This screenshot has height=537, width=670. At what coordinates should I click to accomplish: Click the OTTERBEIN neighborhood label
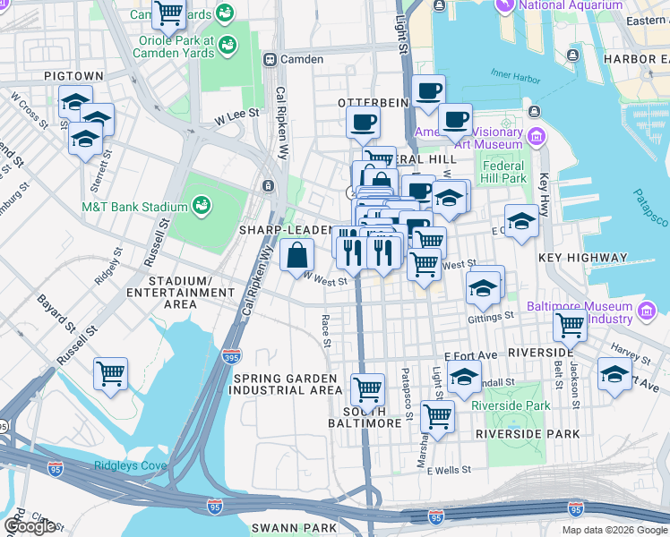[x=374, y=103]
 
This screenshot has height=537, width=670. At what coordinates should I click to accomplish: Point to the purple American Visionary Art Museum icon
[x=537, y=137]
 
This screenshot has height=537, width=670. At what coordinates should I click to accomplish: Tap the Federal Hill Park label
[x=503, y=172]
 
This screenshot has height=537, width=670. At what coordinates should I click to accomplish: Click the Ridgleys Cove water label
[x=129, y=465]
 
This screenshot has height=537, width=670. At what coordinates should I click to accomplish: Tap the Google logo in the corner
[x=30, y=526]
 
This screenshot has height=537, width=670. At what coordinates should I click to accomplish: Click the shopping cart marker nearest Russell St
[x=110, y=372]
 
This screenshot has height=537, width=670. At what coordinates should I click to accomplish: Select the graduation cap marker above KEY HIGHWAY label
[x=521, y=220]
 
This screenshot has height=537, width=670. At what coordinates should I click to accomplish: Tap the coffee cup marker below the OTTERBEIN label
[x=363, y=123]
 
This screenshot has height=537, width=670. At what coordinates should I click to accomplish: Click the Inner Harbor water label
[x=515, y=78]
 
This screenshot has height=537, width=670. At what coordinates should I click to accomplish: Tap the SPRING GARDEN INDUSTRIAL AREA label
[x=287, y=385]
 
